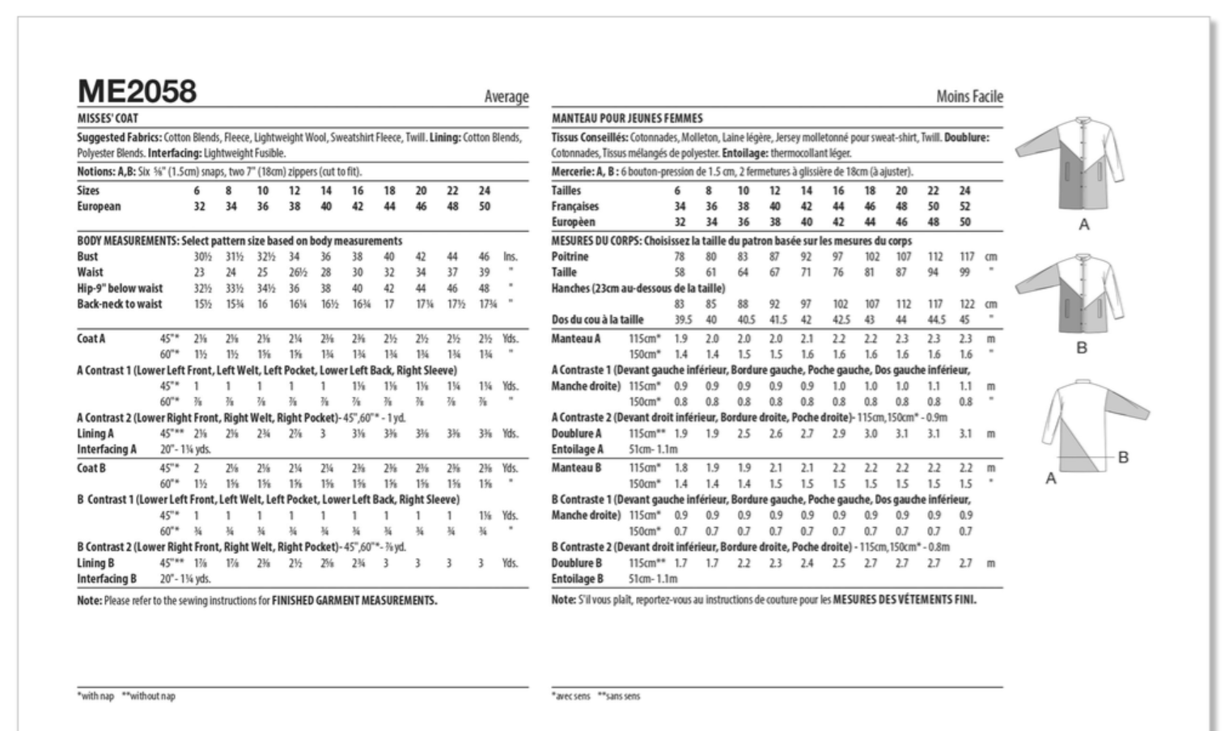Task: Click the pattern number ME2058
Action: tap(137, 92)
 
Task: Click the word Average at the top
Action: tap(506, 97)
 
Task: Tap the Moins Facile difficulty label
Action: tap(969, 97)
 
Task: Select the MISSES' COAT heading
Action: tap(108, 118)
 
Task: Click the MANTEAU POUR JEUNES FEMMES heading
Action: tap(627, 118)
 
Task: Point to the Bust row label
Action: tap(87, 256)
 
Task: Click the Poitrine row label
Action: tap(570, 256)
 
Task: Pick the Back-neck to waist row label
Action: tap(119, 304)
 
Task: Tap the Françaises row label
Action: tap(574, 206)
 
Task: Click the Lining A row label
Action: tap(95, 433)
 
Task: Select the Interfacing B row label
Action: tap(107, 578)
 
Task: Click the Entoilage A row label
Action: tap(578, 449)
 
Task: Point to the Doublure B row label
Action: tap(577, 563)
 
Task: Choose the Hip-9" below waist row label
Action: tap(120, 288)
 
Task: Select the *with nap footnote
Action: tap(95, 695)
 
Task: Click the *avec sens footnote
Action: tap(571, 695)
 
